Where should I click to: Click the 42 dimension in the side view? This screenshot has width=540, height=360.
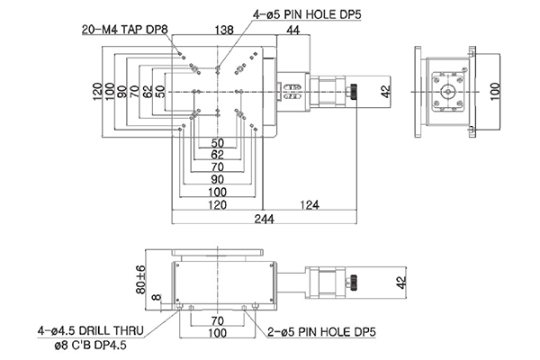(x=402, y=282)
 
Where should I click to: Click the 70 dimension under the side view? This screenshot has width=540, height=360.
(x=217, y=320)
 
